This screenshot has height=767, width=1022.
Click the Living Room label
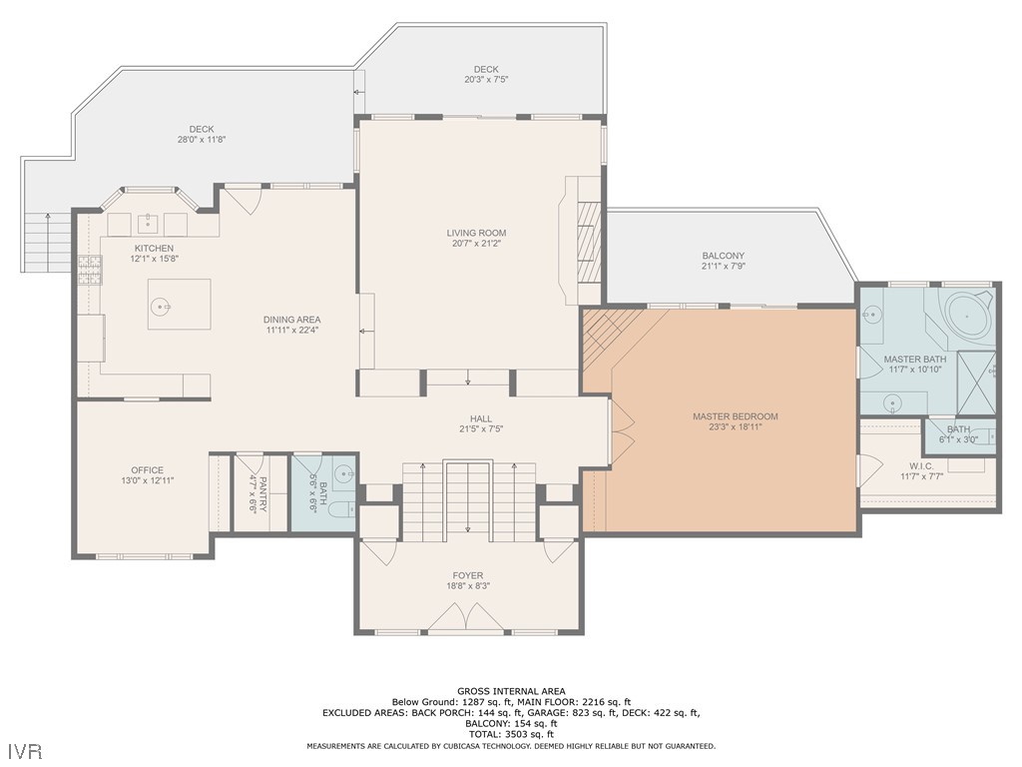[476, 233]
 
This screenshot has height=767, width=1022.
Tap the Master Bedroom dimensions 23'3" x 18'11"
[736, 427]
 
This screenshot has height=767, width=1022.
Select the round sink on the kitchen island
[161, 306]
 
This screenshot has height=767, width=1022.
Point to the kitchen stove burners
[90, 271]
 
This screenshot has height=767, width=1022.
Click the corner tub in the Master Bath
[968, 318]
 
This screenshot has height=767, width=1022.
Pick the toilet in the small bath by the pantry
[340, 508]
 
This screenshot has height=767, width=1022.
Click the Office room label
[148, 470]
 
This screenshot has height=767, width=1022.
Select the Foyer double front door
[465, 617]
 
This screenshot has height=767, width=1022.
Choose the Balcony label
[723, 256]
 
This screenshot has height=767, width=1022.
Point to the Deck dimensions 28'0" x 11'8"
[202, 140]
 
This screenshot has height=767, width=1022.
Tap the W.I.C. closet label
[921, 465]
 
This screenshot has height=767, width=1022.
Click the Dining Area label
[292, 320]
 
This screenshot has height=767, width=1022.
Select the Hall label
[481, 418]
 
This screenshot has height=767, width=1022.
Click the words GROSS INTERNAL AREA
[511, 691]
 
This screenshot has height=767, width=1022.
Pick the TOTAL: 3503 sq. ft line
[511, 734]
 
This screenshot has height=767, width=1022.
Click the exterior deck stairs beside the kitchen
[46, 243]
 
